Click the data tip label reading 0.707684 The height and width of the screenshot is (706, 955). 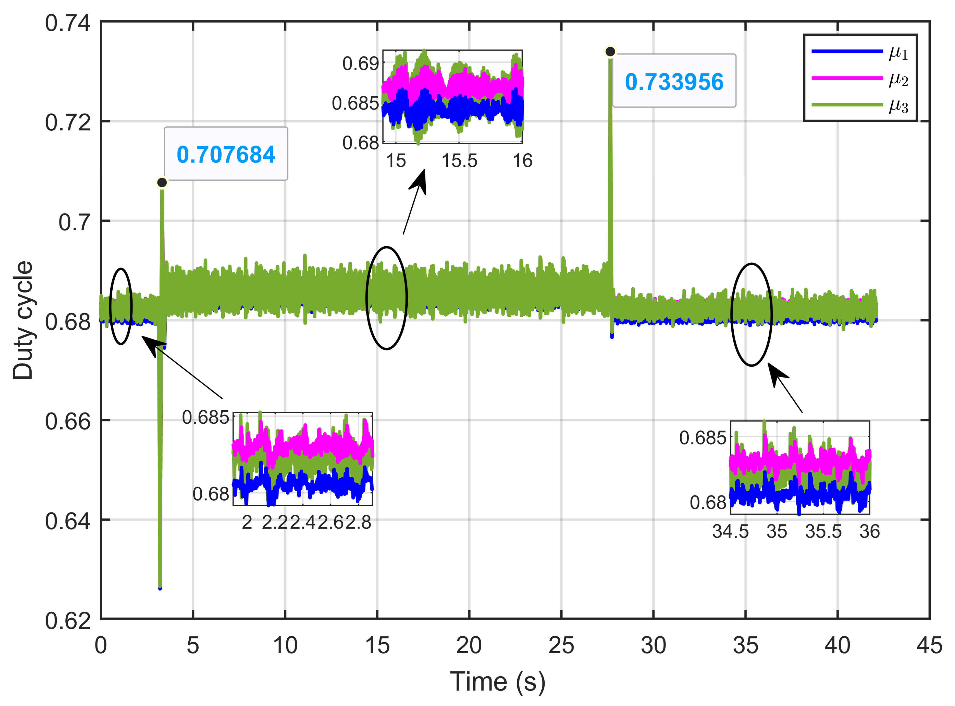[226, 154]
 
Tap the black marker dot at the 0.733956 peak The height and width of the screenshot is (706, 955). [610, 52]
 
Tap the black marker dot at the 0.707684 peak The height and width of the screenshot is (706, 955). [162, 182]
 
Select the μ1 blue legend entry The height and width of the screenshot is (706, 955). [860, 52]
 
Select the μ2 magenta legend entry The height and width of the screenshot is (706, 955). [860, 78]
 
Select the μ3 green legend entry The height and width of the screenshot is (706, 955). [860, 105]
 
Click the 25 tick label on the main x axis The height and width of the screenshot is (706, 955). [561, 645]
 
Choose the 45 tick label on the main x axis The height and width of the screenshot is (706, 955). [929, 645]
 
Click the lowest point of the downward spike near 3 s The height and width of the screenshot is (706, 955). [160, 588]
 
